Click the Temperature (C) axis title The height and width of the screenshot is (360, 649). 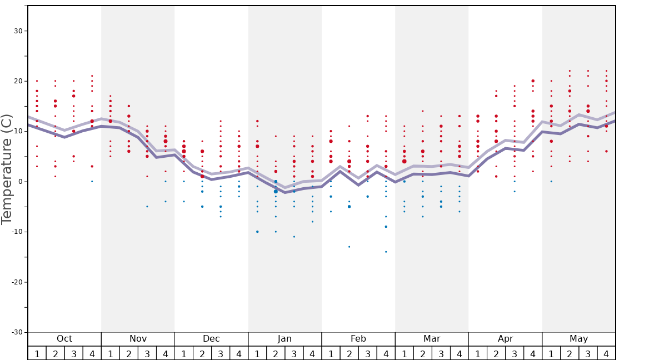(x=7, y=169)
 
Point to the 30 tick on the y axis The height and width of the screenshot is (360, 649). (x=18, y=31)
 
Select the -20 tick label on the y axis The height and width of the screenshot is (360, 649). (x=16, y=282)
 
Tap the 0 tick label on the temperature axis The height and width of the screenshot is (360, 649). (x=20, y=182)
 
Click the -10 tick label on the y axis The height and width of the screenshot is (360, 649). (x=16, y=232)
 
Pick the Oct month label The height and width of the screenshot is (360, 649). (x=64, y=339)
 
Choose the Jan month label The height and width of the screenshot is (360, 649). (x=284, y=339)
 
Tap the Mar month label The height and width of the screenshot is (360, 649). (x=432, y=339)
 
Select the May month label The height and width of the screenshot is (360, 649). (x=578, y=339)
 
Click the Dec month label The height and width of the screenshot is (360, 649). (x=211, y=339)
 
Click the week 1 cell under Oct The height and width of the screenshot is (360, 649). (x=37, y=353)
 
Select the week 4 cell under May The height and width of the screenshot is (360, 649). (x=606, y=353)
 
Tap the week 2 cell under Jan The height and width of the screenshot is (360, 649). (x=276, y=353)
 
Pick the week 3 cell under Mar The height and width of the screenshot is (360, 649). (x=441, y=353)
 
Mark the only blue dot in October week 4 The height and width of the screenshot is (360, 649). (x=92, y=182)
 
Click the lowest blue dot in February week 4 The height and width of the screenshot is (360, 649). (x=386, y=252)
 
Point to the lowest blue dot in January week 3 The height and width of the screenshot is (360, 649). (x=294, y=237)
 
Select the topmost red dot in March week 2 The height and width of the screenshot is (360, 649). (x=423, y=111)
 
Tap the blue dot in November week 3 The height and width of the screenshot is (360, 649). (x=147, y=207)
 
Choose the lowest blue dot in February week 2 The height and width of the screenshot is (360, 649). (x=350, y=247)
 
